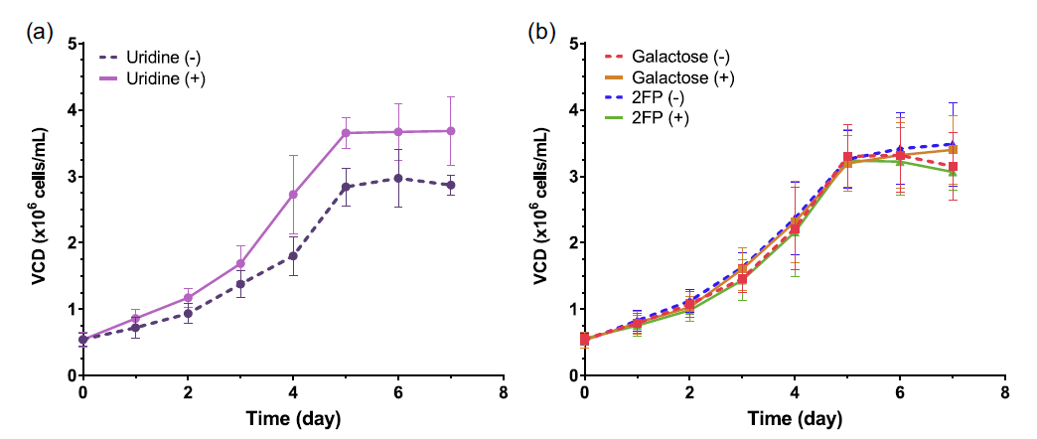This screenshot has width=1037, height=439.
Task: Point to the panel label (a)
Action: (40, 32)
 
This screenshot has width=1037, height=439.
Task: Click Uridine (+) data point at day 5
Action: (346, 132)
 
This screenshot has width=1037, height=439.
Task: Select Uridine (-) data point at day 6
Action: (398, 178)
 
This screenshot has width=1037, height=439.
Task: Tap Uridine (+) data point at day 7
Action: (451, 130)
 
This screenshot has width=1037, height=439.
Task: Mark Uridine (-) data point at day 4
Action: (293, 255)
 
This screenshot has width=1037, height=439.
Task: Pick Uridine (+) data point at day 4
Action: (293, 195)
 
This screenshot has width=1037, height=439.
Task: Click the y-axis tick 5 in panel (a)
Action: (71, 44)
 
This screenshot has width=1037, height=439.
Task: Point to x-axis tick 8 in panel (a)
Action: (504, 389)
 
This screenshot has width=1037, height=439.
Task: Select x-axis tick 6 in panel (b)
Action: (900, 389)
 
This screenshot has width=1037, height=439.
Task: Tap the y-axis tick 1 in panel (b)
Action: (572, 309)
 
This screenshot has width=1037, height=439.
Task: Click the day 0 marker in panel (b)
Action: (585, 340)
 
